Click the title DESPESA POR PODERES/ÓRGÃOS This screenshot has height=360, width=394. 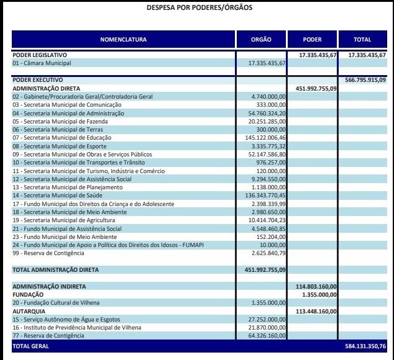(199, 8)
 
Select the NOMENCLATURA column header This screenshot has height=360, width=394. (123, 40)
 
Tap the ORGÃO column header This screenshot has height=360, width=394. (261, 40)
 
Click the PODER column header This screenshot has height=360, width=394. (312, 40)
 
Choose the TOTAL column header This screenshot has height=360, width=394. (362, 40)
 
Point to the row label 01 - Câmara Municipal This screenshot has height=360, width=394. (42, 63)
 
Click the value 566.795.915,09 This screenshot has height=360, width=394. (365, 80)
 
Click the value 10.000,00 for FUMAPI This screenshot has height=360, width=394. (272, 245)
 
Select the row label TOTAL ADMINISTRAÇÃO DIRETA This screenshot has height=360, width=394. (55, 270)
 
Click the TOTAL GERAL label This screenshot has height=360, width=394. (31, 346)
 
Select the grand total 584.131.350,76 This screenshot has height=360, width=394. (365, 346)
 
